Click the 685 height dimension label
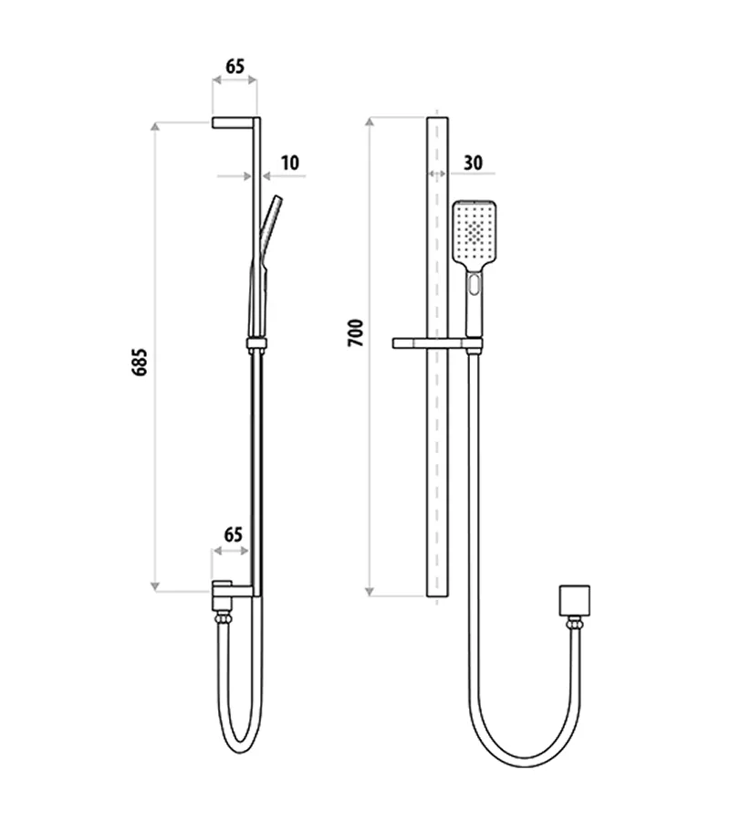pyautogui.click(x=139, y=363)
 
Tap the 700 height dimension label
pyautogui.click(x=355, y=333)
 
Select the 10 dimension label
pyautogui.click(x=290, y=163)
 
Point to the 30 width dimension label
pyautogui.click(x=473, y=163)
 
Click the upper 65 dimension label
pyautogui.click(x=235, y=67)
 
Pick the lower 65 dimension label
pyautogui.click(x=233, y=534)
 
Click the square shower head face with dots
pyautogui.click(x=474, y=232)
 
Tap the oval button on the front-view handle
pyautogui.click(x=474, y=284)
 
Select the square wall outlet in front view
pyautogui.click(x=575, y=601)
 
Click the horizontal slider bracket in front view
pyautogui.click(x=437, y=343)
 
